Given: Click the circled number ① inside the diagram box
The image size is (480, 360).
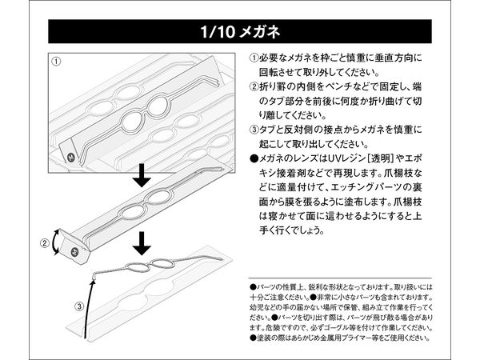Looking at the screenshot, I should [58, 62].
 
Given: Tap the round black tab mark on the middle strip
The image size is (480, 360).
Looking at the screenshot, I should [74, 253].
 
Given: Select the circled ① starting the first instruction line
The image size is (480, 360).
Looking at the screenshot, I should [254, 60].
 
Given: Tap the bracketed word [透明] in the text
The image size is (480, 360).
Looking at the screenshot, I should [403, 159].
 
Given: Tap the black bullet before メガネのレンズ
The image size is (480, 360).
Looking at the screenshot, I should [254, 159].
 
